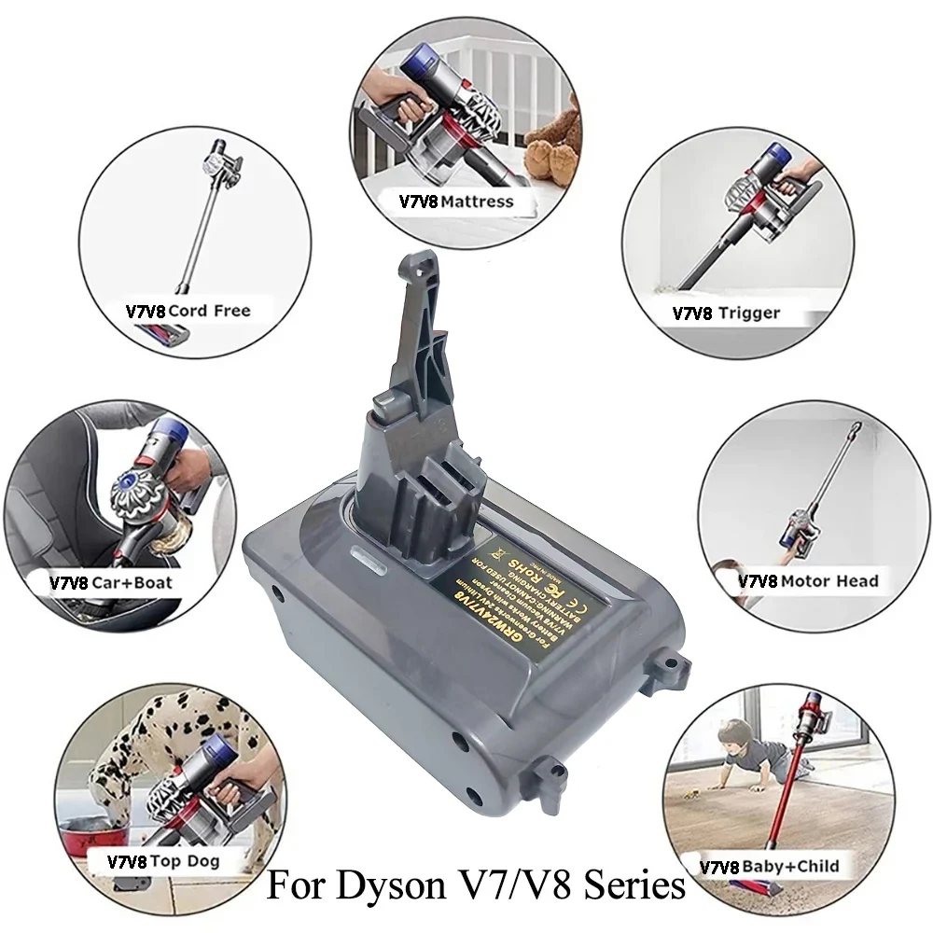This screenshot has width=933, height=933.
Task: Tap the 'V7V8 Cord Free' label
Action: [188, 310]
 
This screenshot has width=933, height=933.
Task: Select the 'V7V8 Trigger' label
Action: [726, 313]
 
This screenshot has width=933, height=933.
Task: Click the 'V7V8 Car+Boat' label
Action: [111, 583]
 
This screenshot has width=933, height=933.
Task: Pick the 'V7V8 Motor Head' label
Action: [808, 580]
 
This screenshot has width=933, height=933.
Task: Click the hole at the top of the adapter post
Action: [416, 272]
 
